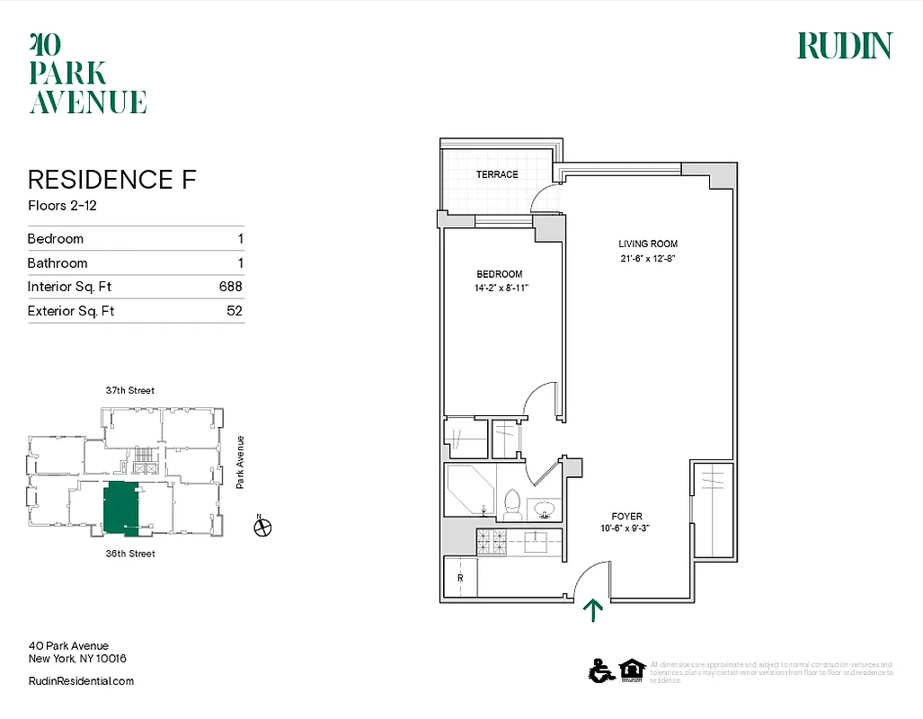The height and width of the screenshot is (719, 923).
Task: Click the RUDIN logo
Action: pos(844,46)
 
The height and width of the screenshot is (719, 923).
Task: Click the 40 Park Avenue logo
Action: pos(87,73)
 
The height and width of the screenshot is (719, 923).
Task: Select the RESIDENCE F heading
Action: pos(111,179)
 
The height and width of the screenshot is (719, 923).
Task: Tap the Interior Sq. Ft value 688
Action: pos(231,287)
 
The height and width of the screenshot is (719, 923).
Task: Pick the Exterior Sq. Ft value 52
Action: pos(235,311)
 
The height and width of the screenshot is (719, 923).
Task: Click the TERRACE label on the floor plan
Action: pos(497,174)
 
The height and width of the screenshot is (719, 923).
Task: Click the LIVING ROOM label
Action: pos(647,244)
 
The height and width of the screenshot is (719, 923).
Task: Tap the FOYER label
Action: pos(626,516)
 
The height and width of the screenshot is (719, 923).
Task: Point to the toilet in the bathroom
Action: pos(513,506)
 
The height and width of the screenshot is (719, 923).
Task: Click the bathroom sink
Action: pos(544,510)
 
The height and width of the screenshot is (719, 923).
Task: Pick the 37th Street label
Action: pos(129,390)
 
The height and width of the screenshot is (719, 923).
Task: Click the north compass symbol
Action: pos(262,528)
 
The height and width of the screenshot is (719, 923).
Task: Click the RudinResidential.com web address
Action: pos(81,681)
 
